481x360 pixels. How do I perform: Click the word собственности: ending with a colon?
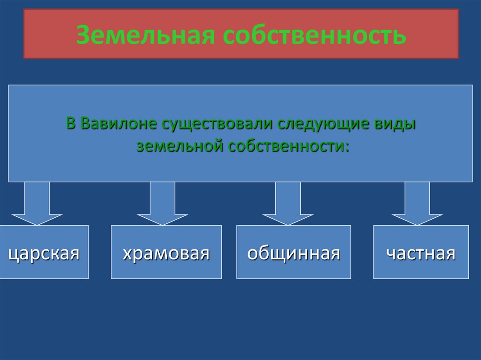coord(288,146)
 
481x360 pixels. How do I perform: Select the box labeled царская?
coord(44,252)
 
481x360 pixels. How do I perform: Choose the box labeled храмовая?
coord(166,252)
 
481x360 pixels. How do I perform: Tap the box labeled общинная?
coord(294,252)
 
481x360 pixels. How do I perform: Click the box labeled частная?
coord(421,252)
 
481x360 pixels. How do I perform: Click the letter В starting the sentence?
coord(71,124)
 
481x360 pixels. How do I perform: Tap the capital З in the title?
coord(83,35)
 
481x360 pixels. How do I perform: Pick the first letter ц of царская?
coord(13,254)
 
